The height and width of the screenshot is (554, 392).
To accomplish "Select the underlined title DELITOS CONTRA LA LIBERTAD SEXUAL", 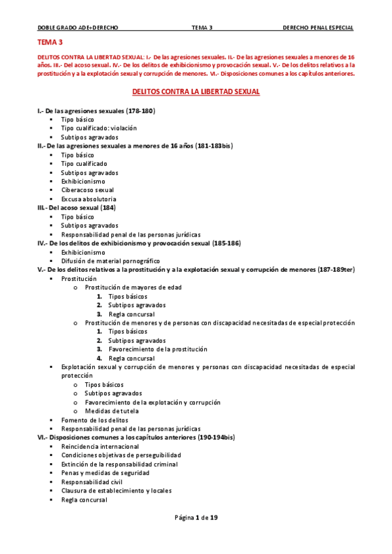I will point(196,92).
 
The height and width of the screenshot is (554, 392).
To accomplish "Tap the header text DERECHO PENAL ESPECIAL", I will point(317,28).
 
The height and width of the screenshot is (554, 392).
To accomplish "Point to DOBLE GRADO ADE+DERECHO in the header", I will point(78,28).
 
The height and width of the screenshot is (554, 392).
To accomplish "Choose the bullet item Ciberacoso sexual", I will point(87,190).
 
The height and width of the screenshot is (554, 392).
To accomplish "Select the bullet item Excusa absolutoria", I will point(89,199).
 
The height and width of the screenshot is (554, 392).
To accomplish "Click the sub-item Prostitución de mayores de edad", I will point(134,287).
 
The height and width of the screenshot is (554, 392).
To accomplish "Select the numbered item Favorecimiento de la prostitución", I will point(158,349).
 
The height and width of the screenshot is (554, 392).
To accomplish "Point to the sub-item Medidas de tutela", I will point(112,411).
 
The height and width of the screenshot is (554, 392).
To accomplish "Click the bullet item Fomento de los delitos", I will point(94,420).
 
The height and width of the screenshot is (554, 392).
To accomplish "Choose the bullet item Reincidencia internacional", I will point(100,446).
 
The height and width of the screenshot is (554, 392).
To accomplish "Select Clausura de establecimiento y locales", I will point(113,491).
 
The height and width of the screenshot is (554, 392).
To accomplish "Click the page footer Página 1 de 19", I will point(196,518).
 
